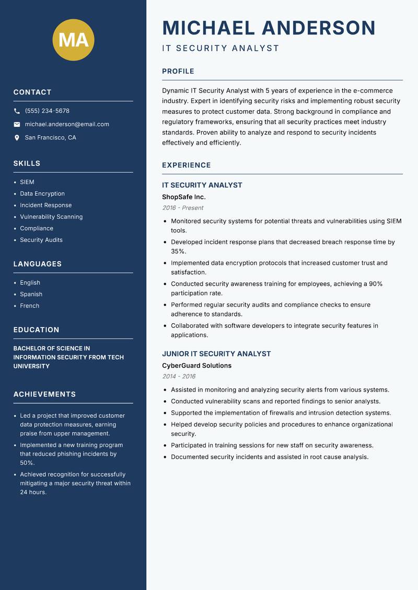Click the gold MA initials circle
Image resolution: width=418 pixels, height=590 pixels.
coord(73,40)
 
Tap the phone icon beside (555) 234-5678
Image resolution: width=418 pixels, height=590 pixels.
coord(17,111)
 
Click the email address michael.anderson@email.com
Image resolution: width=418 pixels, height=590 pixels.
coord(67,124)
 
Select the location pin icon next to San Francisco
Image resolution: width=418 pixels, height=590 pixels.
coord(17,138)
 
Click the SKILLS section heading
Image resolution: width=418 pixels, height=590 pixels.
coord(27,163)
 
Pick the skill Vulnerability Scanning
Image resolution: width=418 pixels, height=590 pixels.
coord(51,217)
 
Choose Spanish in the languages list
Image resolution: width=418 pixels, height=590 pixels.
coord(31,294)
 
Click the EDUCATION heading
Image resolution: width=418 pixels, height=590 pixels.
coord(36,330)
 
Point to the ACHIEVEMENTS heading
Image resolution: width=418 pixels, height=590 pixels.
coord(44,394)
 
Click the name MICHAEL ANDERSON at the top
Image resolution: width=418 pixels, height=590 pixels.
coord(269,28)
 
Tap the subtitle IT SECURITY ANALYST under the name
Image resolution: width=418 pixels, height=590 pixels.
coord(220,49)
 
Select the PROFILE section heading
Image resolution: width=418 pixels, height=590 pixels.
coord(178,72)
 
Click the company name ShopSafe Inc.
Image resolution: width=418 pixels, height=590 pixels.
coord(183,197)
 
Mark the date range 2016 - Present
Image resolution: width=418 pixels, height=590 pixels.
coord(182,208)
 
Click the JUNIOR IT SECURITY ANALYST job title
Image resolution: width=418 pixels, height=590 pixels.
coord(216,354)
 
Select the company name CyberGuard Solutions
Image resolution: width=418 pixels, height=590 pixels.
coord(196,365)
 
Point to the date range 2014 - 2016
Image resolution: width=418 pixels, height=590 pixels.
coord(179,376)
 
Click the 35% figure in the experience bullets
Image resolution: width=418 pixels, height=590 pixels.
coord(178,251)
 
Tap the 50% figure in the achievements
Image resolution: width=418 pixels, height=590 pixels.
coord(27,463)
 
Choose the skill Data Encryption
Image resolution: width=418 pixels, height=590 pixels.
coord(42,194)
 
